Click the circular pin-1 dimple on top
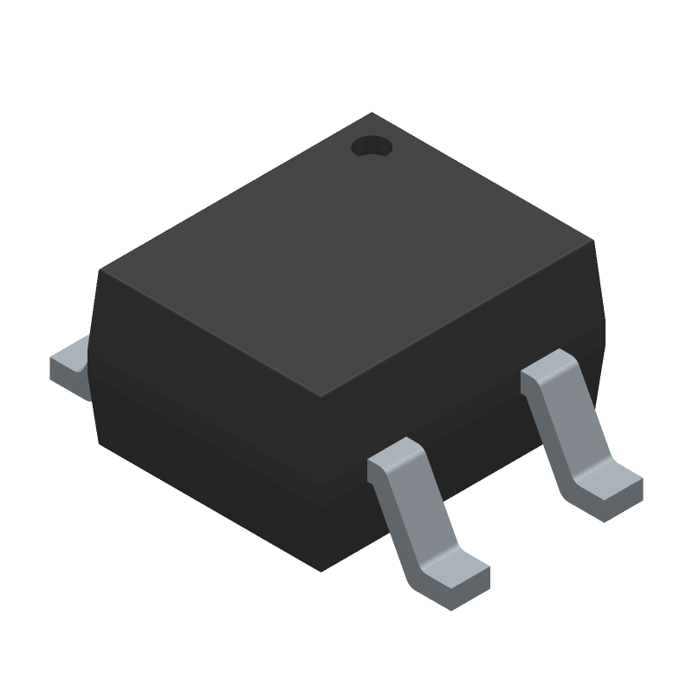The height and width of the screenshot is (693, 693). (372, 147)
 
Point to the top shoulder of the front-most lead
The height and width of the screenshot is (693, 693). (398, 459)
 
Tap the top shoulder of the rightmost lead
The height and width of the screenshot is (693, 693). (550, 368)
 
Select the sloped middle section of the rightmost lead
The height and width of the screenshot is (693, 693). (572, 433)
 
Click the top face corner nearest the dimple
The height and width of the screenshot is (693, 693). (372, 113)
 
